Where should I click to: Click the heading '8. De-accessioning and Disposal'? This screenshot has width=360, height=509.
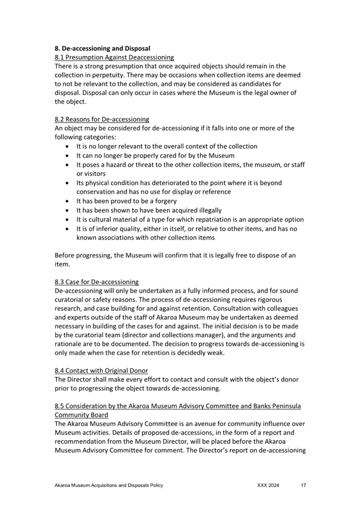(x=102, y=48)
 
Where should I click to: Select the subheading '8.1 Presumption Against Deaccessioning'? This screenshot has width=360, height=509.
(x=114, y=57)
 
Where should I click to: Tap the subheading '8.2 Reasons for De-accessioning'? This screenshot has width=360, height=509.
(x=102, y=119)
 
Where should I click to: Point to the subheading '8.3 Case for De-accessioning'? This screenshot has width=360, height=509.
(x=97, y=281)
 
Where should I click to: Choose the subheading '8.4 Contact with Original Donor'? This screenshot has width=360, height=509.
(x=101, y=370)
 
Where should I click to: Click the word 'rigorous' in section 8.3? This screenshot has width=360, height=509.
(x=282, y=300)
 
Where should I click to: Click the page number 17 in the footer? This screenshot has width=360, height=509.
(x=303, y=486)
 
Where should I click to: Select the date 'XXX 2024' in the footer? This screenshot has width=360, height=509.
(x=268, y=486)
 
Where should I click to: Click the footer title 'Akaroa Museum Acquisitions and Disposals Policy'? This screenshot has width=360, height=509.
(x=109, y=486)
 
